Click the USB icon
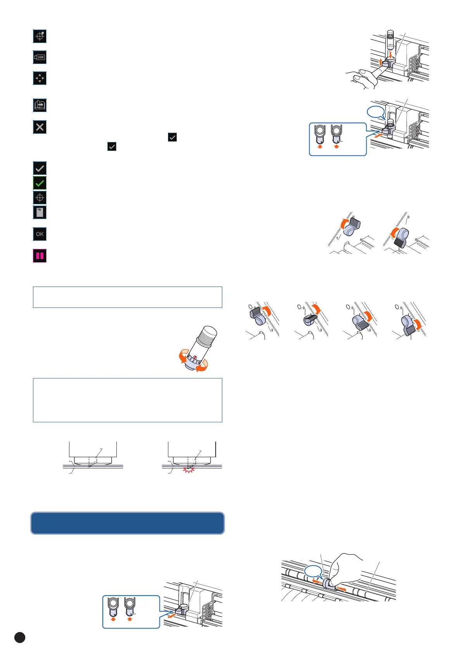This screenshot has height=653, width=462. pos(40,57)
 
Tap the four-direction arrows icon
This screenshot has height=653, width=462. pos(40,78)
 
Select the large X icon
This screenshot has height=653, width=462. pos(40,127)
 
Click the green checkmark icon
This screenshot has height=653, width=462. pos(40,183)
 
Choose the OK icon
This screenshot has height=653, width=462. pos(40,234)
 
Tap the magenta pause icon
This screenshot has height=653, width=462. pos(40,256)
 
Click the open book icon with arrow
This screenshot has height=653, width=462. pos(40,105)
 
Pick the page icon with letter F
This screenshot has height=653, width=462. pos(40,212)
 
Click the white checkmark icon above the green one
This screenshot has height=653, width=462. pos(40,168)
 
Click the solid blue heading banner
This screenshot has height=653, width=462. pos(127,523)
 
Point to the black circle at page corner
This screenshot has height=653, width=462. pos(20,637)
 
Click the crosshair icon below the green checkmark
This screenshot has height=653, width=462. pos(40,198)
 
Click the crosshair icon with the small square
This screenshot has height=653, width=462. pos(40,36)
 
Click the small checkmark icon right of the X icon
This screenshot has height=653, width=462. pos(172,137)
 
